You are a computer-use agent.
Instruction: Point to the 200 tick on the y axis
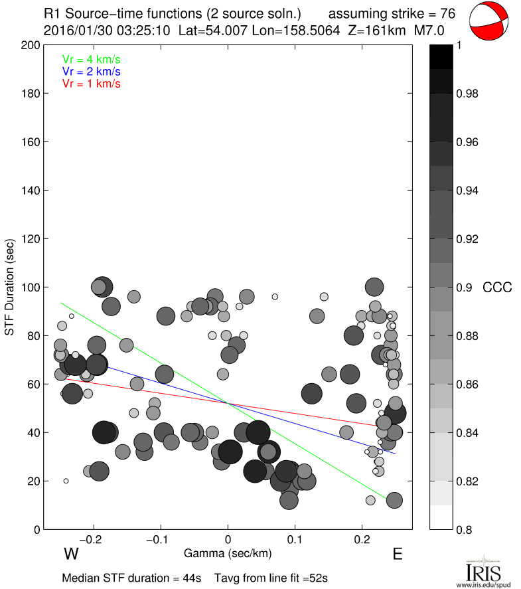[x=29, y=45]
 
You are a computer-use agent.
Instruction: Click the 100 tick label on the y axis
[x=29, y=288]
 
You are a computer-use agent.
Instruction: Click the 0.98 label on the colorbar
[x=469, y=94]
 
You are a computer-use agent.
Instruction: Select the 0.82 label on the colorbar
[x=469, y=481]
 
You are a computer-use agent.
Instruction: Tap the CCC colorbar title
[x=497, y=288]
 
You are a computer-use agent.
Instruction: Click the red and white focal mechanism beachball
[x=490, y=21]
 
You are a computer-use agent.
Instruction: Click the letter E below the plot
[x=398, y=554]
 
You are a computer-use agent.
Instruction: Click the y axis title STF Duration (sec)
[x=11, y=288]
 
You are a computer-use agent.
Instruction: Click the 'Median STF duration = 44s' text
[x=131, y=578]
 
